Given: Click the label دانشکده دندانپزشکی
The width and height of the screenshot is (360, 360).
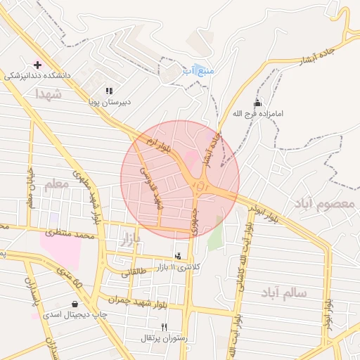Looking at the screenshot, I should (x=37, y=75).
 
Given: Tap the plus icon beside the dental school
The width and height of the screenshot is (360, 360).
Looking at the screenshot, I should (x=38, y=64).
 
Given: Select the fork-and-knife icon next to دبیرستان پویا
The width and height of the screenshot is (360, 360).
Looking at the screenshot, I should (x=109, y=91).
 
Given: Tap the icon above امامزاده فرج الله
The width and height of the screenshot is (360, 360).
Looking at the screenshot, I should (x=257, y=103).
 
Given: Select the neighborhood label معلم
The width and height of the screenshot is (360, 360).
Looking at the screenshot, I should (x=58, y=185).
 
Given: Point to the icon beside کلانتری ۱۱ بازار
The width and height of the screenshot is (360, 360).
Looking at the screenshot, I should (x=178, y=255).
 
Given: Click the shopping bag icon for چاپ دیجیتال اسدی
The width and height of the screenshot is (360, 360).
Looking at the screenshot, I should (x=75, y=304).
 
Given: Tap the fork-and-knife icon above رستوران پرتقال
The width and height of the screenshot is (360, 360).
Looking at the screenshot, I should (x=165, y=327).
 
